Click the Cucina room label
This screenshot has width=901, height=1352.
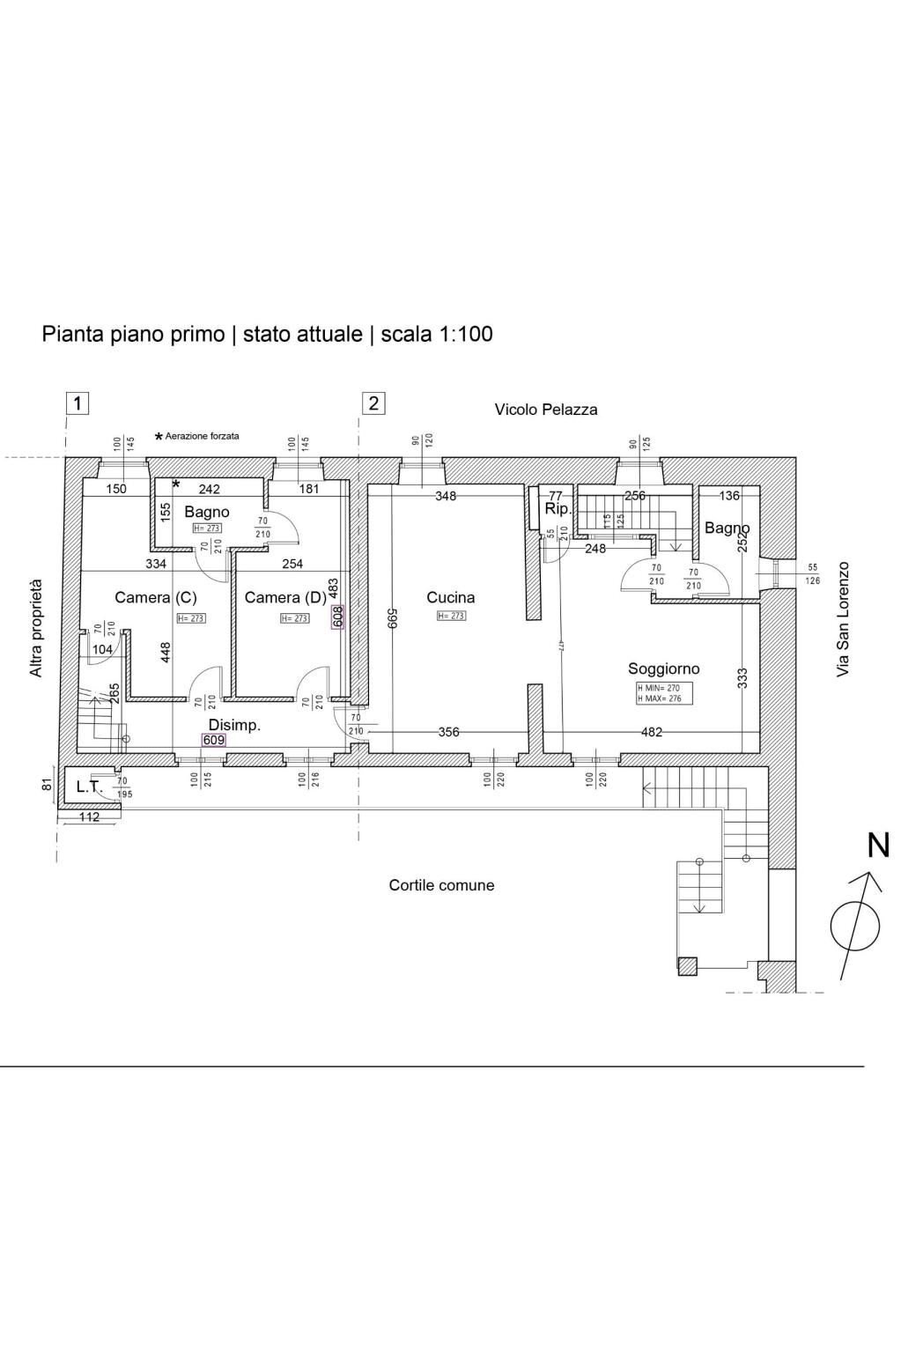point(450,597)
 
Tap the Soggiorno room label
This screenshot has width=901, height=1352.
point(663,669)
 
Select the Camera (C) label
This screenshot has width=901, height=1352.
point(156,597)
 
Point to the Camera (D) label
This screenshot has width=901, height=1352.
point(284,597)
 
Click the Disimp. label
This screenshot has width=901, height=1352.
point(234,725)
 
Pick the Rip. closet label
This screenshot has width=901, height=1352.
point(558,509)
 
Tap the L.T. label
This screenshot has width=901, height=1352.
point(89,787)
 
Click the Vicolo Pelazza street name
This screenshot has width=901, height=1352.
point(545,410)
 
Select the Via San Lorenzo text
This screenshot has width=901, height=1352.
point(844,619)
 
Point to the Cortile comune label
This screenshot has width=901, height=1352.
point(441,885)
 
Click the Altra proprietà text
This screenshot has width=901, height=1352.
point(36,628)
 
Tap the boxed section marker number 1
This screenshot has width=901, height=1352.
point(78,403)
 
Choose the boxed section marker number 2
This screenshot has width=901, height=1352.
point(374,403)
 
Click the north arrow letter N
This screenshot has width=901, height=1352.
point(878,846)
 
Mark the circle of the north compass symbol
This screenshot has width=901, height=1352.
point(854,926)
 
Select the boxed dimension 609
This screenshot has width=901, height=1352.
point(214,741)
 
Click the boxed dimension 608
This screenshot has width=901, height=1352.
point(337,617)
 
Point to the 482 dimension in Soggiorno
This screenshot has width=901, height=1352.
point(652,732)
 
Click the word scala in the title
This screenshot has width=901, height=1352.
point(405,335)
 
